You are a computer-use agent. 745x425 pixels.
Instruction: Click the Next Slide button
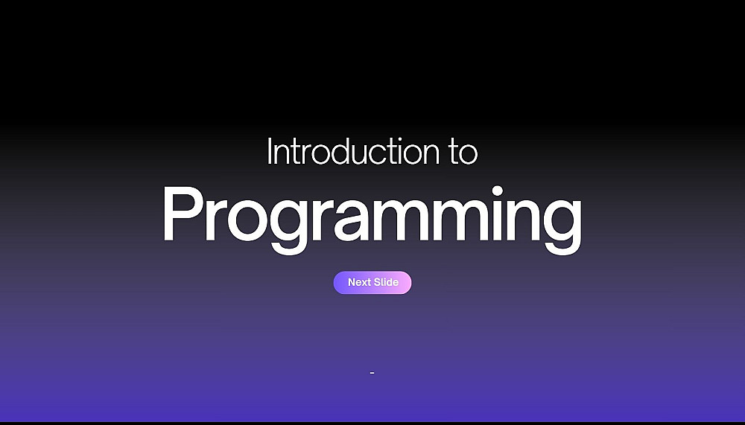[372, 283]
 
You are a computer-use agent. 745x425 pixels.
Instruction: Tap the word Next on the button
[359, 282]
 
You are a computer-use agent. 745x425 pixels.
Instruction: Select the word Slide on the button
[386, 282]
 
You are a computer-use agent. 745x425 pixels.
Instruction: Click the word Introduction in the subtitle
[353, 152]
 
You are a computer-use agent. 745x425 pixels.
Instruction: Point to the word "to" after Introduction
[463, 153]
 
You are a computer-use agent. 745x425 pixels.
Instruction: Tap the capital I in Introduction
[270, 152]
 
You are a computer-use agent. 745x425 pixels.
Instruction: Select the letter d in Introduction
[339, 152]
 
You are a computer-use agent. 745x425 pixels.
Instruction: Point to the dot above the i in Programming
[498, 191]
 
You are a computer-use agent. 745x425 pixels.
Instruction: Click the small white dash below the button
[372, 373]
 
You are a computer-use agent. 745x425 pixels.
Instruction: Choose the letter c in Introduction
[385, 156]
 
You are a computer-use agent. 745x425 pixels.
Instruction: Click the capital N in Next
[352, 282]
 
